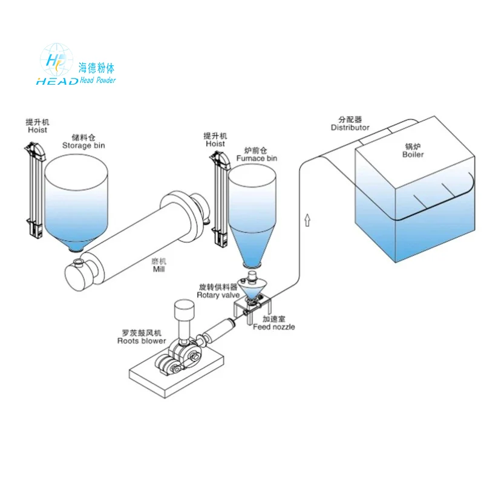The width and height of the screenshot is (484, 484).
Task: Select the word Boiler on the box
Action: click(413, 154)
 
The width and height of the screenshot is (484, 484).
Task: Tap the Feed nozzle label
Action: click(274, 327)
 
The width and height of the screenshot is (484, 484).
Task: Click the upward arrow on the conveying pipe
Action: click(307, 220)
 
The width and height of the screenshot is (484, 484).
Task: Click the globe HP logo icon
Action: click(56, 60)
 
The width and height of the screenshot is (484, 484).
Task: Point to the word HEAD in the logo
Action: click(57, 81)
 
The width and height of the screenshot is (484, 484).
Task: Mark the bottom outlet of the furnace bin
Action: click(252, 264)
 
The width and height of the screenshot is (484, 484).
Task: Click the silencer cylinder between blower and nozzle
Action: click(218, 330)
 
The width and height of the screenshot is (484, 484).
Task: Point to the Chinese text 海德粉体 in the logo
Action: click(96, 68)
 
